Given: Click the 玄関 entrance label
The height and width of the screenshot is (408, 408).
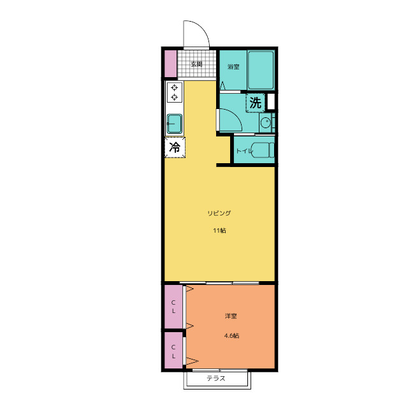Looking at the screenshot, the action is click(x=196, y=64).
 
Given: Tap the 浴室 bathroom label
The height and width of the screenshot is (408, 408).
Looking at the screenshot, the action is click(x=233, y=67).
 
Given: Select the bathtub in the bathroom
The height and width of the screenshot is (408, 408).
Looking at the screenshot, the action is click(x=261, y=70).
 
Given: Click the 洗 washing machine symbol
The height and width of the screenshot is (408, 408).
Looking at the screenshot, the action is click(x=255, y=103).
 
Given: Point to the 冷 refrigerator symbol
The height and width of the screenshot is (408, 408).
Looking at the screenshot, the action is click(x=175, y=147).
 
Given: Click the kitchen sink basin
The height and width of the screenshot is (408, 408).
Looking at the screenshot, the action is click(x=174, y=124).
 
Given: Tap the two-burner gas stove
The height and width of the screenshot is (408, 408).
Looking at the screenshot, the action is click(x=174, y=92).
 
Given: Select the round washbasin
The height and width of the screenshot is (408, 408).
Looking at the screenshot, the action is click(x=266, y=122).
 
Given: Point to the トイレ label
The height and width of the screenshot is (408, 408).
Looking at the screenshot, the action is click(x=244, y=151).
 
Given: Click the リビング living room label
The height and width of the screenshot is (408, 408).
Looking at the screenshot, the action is click(x=219, y=214).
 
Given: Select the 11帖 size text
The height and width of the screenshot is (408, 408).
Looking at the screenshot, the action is click(x=219, y=231).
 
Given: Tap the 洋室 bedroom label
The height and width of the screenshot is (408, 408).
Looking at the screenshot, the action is click(x=231, y=316).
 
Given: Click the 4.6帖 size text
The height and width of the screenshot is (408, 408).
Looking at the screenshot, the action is click(x=231, y=336).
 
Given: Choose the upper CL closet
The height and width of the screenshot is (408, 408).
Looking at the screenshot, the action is click(x=173, y=307).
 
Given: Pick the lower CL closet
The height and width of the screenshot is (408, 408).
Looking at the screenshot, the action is click(x=173, y=351).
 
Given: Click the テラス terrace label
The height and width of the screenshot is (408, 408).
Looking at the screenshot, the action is click(x=216, y=378).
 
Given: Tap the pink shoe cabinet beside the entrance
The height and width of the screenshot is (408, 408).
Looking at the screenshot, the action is click(x=171, y=64).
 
